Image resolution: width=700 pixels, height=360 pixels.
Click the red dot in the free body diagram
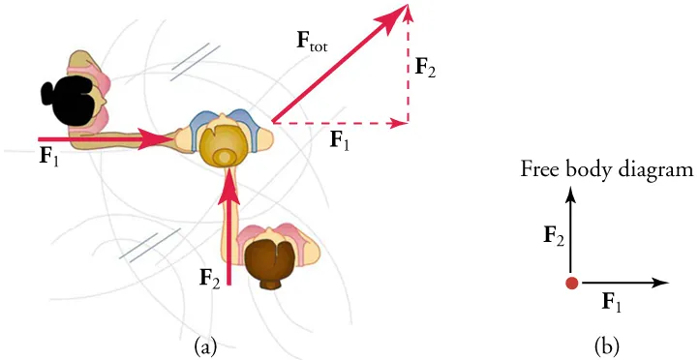[x=572, y=283]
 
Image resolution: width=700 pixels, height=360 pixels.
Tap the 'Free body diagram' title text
[x=607, y=170]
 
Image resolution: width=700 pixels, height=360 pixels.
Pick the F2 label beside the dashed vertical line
[x=425, y=67]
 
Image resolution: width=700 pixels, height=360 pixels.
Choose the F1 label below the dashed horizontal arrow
[x=340, y=141]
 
